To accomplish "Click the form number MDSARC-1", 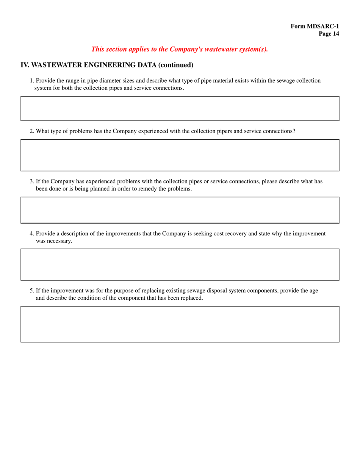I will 315,26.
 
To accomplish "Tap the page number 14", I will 329,34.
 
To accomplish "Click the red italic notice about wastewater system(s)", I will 180,49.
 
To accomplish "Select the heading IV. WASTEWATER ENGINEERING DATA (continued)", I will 107,65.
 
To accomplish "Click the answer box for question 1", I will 180,108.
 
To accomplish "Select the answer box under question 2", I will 180,155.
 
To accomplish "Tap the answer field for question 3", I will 180,210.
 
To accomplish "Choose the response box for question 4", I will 180,264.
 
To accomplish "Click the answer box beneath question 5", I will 180,324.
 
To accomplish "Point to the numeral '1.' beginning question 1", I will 32,81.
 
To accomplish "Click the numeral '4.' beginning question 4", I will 32,233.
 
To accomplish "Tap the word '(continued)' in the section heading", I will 176,65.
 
